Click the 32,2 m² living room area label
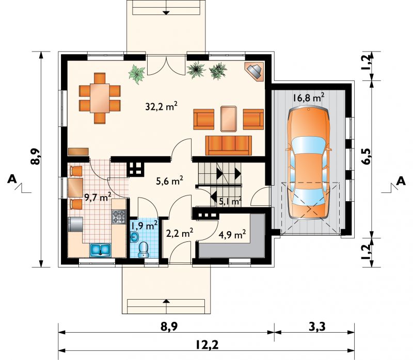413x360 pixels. click(161, 106)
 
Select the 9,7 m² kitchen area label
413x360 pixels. click(98, 197)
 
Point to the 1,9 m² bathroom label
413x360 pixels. click(145, 225)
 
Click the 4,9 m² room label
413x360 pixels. click(233, 234)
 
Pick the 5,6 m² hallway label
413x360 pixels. click(169, 181)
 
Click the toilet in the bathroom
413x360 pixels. click(144, 250)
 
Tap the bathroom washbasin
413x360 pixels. click(135, 237)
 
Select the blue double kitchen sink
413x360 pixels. click(100, 250)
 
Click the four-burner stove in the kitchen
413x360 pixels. click(119, 217)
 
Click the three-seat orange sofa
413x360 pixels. click(229, 145)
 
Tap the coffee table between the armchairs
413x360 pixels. click(229, 119)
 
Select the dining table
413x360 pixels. click(100, 98)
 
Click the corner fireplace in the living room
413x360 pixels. click(254, 72)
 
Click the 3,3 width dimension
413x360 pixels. click(316, 326)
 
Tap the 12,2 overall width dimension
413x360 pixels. click(207, 345)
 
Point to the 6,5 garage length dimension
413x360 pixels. click(366, 156)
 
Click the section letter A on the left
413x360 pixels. click(12, 179)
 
